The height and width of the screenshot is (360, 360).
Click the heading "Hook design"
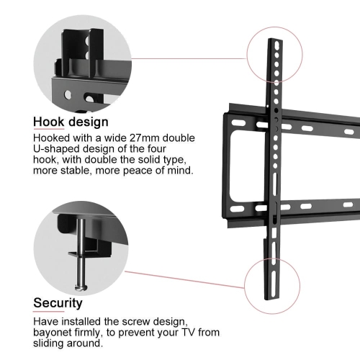coord(71,122)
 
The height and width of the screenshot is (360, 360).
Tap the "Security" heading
coord(58,303)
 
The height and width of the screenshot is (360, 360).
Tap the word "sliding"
coord(48,343)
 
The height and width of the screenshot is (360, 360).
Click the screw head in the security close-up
coord(81,287)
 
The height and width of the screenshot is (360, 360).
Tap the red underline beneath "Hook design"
coord(49,130)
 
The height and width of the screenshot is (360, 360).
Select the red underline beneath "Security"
coord(49,312)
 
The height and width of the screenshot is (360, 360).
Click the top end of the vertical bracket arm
coord(275,40)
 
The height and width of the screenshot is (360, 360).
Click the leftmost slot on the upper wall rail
coord(239,123)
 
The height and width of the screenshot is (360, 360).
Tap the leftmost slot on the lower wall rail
coord(237,209)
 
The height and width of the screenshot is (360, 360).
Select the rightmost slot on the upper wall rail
coord(349,132)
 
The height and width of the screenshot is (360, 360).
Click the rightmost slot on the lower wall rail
coord(348,204)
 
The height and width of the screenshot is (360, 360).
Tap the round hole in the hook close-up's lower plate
coord(68,95)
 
